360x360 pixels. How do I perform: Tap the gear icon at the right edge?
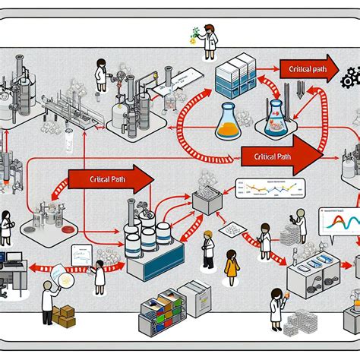[350, 77]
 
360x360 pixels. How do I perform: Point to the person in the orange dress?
[231, 268]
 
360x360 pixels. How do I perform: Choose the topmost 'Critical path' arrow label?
[308, 69]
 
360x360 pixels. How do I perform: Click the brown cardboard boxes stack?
[62, 314]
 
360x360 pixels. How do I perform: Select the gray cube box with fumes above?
[205, 202]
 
